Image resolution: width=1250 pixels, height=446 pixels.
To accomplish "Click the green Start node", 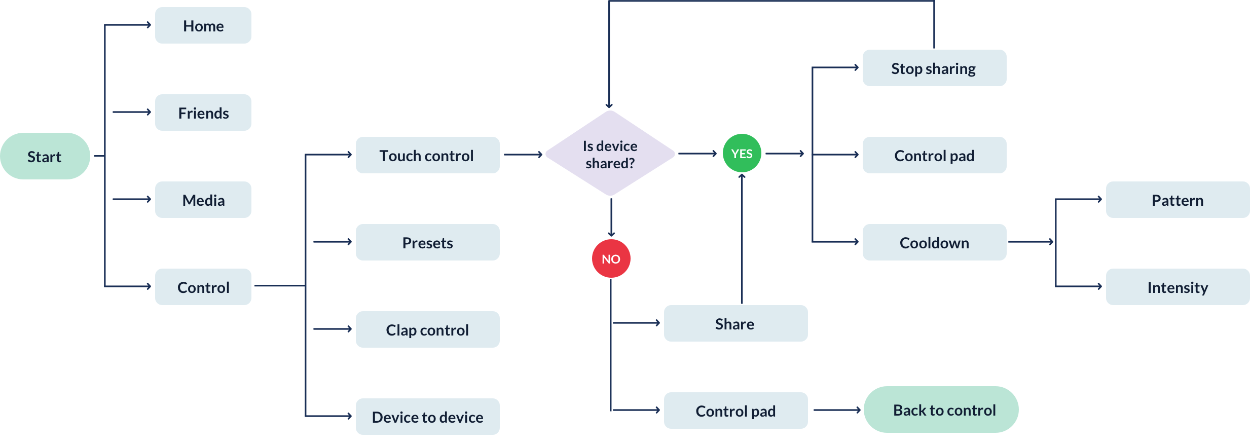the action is tap(45, 156).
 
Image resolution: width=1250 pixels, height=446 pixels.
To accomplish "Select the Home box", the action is tap(203, 25).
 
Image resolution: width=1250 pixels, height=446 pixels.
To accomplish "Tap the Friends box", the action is tap(203, 113).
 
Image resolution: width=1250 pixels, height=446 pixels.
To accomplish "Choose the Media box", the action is tap(203, 200).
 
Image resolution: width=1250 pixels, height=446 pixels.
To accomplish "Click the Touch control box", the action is tap(428, 155).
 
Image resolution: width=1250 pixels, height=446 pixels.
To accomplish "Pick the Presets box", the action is tap(428, 242).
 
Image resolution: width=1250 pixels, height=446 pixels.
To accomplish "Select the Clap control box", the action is tap(428, 329).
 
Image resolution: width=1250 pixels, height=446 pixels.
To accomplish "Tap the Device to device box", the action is tap(428, 417).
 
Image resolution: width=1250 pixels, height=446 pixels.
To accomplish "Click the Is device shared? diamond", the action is tap(610, 153).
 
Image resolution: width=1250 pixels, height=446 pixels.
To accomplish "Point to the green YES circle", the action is tap(742, 153).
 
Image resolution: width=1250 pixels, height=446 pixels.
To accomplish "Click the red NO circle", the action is tap(611, 258).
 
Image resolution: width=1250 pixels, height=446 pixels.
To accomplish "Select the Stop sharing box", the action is tap(935, 68).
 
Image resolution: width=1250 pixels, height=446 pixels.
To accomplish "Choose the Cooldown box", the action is tap(935, 242).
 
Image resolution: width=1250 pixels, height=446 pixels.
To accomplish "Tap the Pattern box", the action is tap(1178, 200).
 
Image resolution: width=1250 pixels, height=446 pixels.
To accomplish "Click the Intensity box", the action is tap(1178, 287).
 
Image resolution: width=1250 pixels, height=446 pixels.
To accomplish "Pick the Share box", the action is tap(736, 323).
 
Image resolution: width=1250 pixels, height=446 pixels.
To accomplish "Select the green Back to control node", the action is tap(941, 410).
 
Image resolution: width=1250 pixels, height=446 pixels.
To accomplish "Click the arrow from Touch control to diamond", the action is tap(524, 155).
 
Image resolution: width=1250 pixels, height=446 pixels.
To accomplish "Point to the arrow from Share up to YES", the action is tap(742, 238).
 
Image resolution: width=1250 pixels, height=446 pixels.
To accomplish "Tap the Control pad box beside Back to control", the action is tap(736, 411).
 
